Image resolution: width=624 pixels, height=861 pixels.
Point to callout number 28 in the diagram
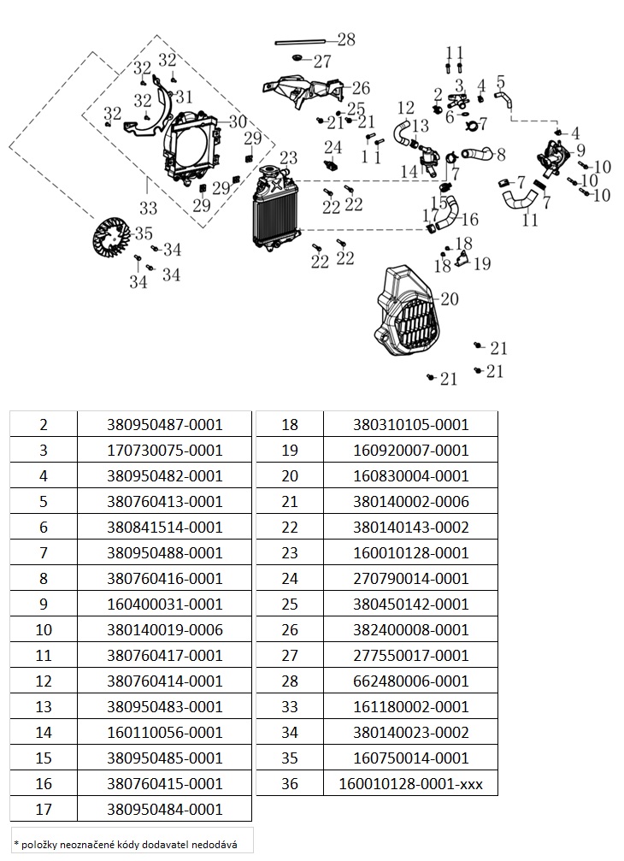(x=345, y=39)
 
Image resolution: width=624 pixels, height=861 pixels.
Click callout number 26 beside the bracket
(x=360, y=88)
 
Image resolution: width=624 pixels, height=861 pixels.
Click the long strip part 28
(x=299, y=40)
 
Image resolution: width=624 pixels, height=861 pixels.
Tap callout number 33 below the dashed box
(x=148, y=207)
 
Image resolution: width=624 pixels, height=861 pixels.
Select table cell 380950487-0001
(x=165, y=424)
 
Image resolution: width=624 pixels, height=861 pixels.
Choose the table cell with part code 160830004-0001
(x=411, y=475)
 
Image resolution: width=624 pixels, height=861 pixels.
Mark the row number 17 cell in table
(x=44, y=809)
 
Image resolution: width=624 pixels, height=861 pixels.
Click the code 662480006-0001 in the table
(x=411, y=681)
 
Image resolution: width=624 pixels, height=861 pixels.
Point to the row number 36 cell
(x=290, y=783)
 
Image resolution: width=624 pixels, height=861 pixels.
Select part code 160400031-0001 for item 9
(x=165, y=604)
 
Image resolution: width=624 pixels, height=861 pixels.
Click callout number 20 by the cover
(x=450, y=299)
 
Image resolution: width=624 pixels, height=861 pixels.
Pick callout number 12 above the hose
(x=405, y=108)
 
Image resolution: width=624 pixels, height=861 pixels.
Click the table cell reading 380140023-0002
(x=411, y=732)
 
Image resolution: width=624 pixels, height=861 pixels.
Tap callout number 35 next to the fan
(x=143, y=233)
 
